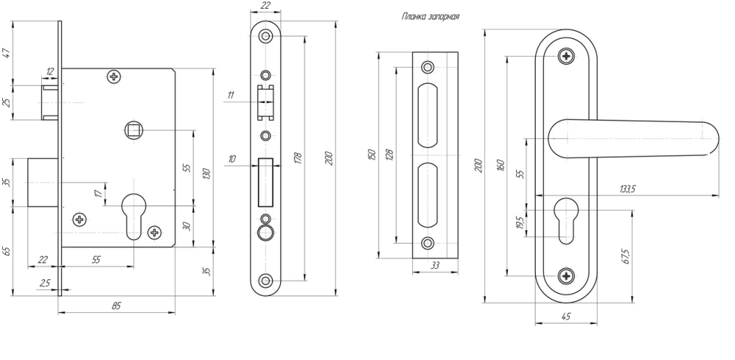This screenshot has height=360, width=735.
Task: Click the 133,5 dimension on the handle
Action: tap(627, 189)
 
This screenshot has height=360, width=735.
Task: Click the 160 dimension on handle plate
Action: tap(501, 165)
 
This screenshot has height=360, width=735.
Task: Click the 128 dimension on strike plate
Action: tap(390, 154)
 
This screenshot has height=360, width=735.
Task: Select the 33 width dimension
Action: tap(437, 266)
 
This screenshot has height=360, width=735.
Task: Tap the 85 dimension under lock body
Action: tap(117, 306)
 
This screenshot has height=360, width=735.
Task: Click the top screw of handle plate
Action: tap(565, 56)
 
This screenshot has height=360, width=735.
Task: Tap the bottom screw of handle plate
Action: tap(565, 276)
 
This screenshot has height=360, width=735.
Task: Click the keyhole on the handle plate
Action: tap(565, 217)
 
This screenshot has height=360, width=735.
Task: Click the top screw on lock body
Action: tap(114, 76)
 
